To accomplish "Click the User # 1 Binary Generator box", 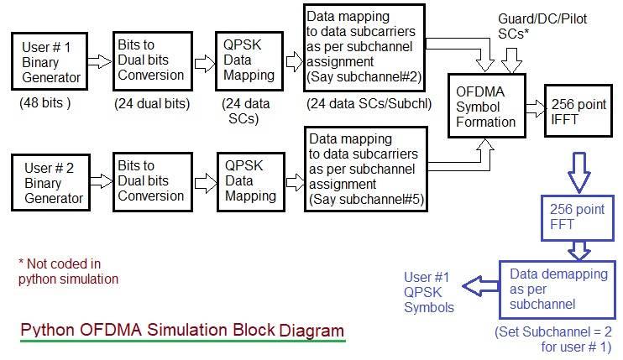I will click(x=52, y=61).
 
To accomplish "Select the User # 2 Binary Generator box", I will click(x=52, y=183).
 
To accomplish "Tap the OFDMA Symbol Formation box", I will click(x=485, y=107).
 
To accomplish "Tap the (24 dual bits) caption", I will click(x=151, y=104).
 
